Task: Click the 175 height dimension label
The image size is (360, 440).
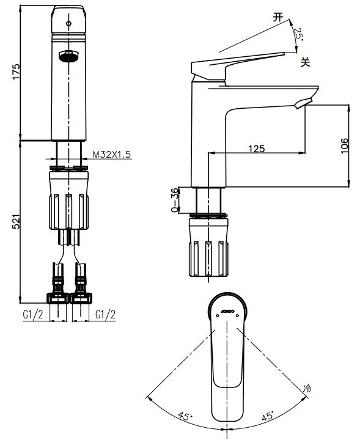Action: (16, 71)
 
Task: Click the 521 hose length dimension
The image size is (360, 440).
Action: (17, 221)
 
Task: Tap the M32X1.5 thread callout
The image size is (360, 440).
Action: (112, 155)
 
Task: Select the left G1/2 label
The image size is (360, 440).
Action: (33, 315)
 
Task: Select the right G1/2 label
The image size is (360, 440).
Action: (106, 315)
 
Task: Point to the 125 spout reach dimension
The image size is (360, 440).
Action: (257, 148)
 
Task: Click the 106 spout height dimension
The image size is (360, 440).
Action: (344, 145)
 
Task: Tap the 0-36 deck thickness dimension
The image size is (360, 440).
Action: (175, 200)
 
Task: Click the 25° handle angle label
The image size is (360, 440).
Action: (298, 34)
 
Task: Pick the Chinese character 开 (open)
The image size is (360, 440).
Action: (278, 17)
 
